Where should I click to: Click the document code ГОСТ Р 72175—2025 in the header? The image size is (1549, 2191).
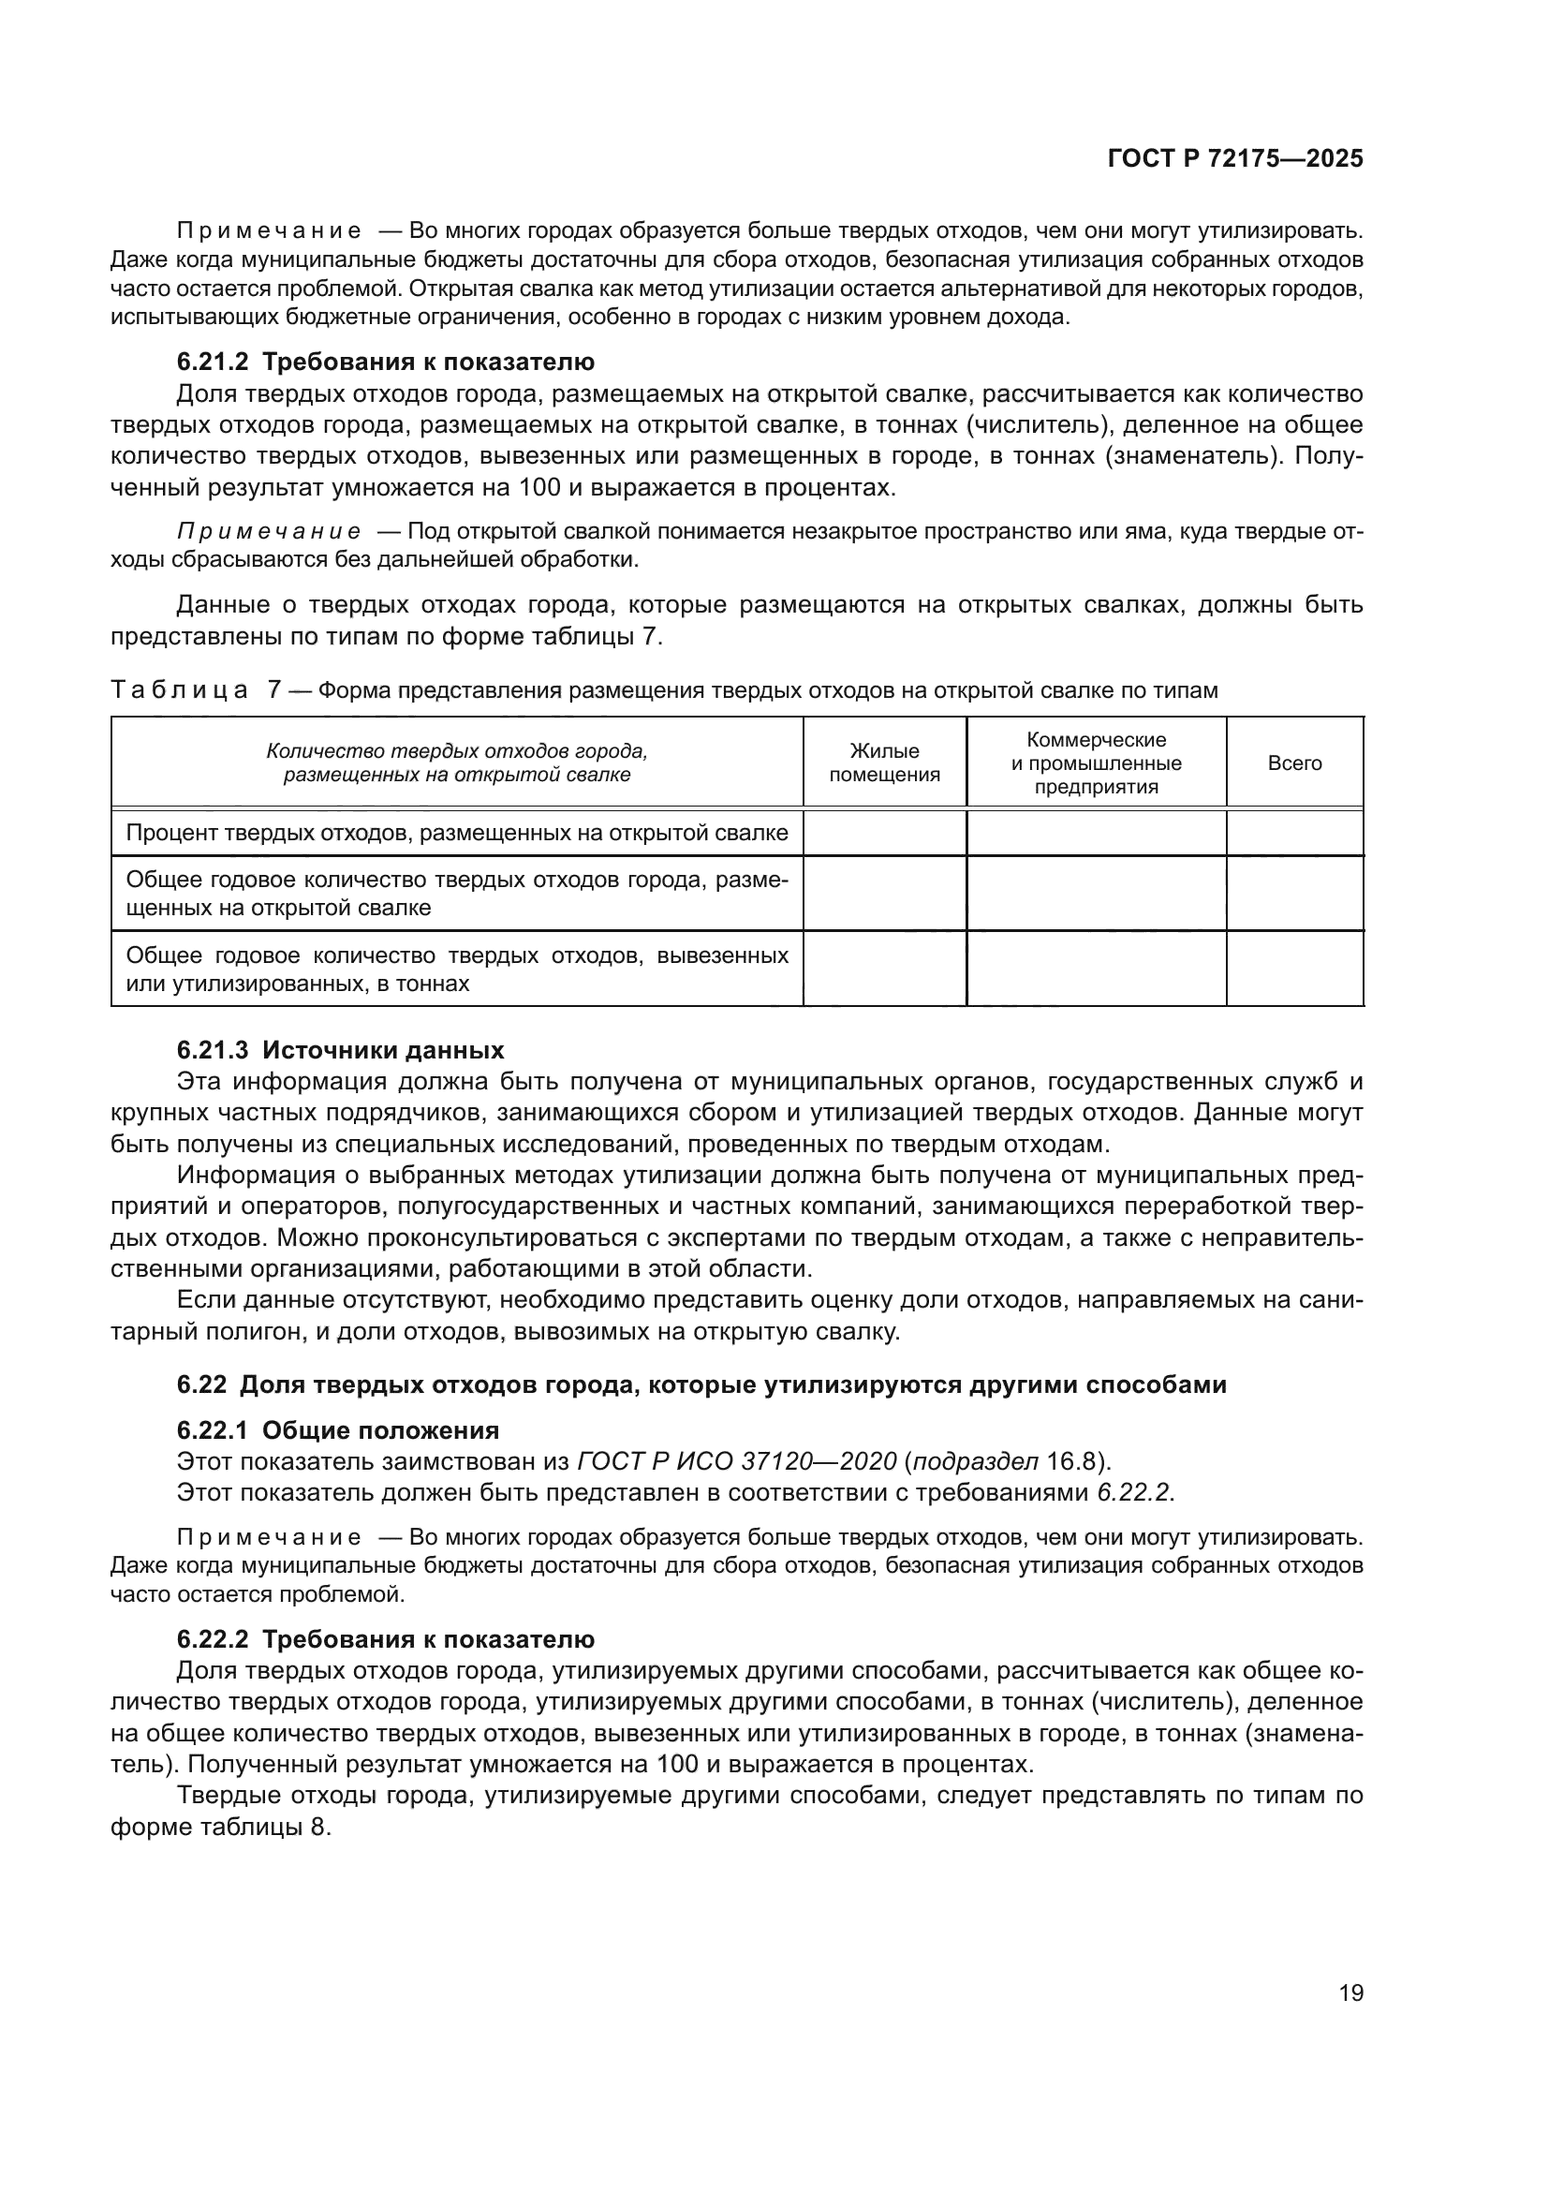(x=1235, y=158)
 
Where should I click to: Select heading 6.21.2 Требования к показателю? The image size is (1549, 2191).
(x=385, y=362)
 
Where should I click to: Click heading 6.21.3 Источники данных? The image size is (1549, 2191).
(x=341, y=1051)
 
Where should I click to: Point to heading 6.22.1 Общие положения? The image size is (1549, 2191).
(x=338, y=1430)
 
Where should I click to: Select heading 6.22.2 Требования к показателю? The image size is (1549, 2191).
(x=385, y=1639)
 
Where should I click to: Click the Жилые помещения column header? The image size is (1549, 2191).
(x=884, y=763)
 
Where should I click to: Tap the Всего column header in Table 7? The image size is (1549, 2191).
(x=1294, y=763)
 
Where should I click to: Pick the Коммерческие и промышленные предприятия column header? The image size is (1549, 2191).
(x=1096, y=763)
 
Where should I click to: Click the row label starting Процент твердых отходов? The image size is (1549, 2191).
(x=457, y=833)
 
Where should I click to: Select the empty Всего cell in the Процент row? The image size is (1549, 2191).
(x=1294, y=833)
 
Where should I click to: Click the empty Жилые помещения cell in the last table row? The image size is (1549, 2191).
(x=884, y=969)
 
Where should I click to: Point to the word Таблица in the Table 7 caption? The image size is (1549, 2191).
(x=179, y=690)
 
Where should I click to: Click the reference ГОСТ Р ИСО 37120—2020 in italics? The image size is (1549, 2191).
(x=737, y=1461)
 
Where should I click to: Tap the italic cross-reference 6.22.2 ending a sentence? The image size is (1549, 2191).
(x=1132, y=1492)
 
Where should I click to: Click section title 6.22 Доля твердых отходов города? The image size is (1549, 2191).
(x=701, y=1384)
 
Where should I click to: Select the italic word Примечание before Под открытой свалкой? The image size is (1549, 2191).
(x=269, y=531)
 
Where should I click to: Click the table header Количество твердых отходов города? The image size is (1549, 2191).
(x=457, y=763)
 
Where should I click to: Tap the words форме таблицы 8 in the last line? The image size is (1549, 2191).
(x=219, y=1828)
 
